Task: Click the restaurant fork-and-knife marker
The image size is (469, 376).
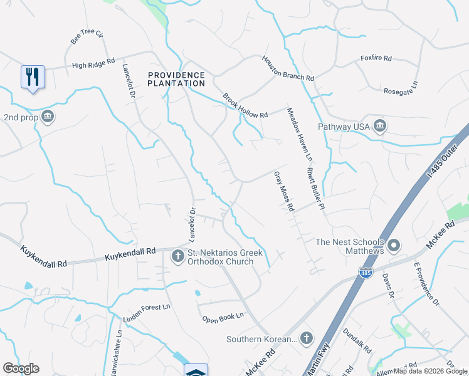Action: tap(33, 76)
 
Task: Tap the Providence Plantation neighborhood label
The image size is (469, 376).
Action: tap(176, 79)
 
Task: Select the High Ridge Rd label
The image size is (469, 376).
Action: tap(93, 63)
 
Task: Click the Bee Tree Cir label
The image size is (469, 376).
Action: tap(87, 37)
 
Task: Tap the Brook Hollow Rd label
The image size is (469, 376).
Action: tap(245, 105)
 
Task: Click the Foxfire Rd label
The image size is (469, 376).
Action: tap(376, 58)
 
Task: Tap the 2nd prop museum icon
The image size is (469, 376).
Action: tap(48, 117)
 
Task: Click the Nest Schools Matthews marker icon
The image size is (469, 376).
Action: tap(394, 245)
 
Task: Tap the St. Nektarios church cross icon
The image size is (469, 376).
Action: tap(178, 256)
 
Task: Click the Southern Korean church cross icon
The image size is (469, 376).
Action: tap(307, 338)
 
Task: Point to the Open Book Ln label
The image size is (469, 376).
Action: tap(223, 318)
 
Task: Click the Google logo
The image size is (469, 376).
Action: tap(21, 368)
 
